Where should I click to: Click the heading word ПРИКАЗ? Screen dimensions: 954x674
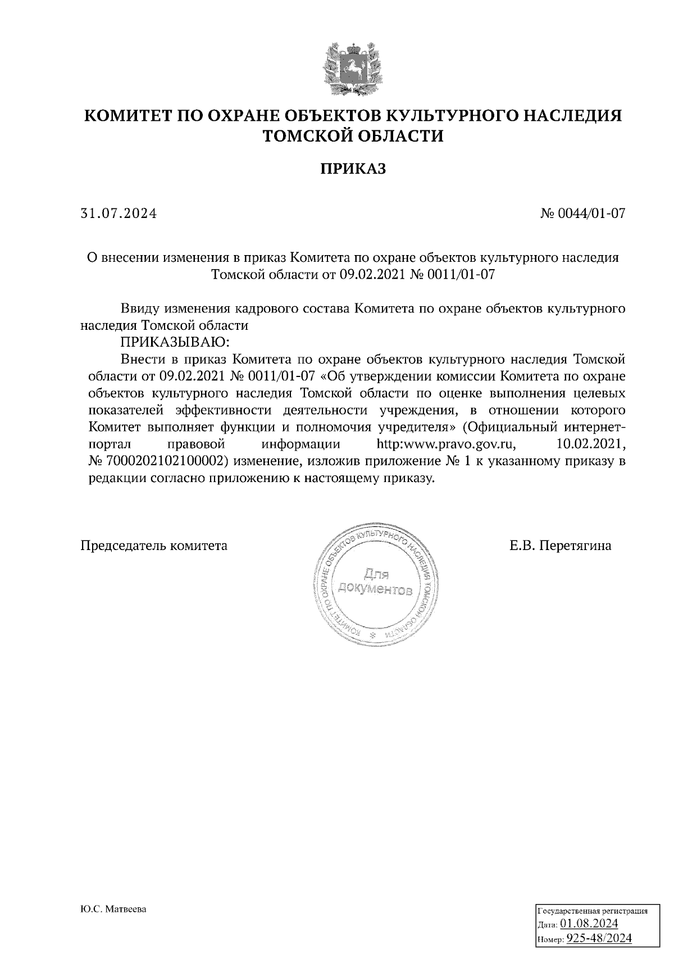[x=353, y=169]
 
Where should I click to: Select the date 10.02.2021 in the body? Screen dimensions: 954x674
[x=590, y=444]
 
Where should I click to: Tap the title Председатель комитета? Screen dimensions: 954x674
[x=155, y=546]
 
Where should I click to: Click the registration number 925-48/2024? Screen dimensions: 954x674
[x=598, y=938]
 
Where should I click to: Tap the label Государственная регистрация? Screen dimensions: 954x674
[x=593, y=911]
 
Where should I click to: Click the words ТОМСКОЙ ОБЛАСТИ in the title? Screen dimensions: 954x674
[x=353, y=136]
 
